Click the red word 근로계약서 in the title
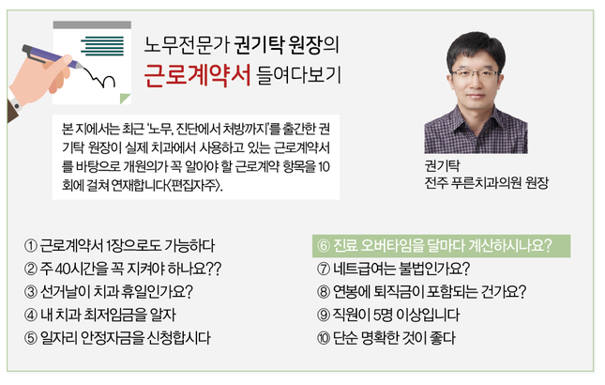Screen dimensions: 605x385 (197, 75)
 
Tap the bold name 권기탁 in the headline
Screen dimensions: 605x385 (259, 45)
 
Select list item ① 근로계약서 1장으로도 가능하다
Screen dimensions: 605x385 (119, 246)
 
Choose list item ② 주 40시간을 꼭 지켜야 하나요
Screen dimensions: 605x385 (123, 269)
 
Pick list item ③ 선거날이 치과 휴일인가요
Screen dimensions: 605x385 (109, 292)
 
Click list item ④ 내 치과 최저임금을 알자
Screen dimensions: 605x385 (100, 316)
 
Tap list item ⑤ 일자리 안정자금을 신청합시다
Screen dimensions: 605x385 (117, 338)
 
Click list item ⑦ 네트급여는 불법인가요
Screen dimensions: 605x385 (393, 269)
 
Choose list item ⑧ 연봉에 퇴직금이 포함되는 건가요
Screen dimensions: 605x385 (421, 292)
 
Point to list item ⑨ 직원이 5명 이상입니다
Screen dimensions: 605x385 (388, 316)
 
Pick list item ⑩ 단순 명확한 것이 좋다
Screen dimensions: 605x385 (386, 338)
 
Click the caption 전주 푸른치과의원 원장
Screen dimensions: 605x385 (486, 183)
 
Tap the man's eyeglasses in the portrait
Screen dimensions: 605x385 (475, 74)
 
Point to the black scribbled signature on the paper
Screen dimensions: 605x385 (99, 77)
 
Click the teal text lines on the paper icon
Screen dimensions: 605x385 (102, 46)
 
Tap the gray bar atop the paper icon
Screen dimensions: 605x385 (92, 24)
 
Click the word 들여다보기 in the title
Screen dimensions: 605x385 (298, 75)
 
